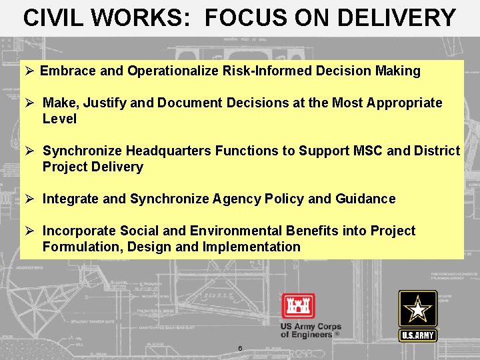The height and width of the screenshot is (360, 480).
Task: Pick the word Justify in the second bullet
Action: pos(101,103)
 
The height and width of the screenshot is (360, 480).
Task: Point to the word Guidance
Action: pos(365,199)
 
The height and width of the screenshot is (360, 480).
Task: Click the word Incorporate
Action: pos(79,231)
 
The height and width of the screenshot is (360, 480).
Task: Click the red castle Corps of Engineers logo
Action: pos(298,307)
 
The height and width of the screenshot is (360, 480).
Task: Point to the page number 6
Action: pos(240,348)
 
